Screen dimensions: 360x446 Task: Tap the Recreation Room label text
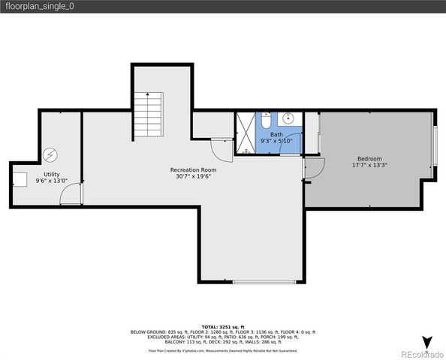click(193, 170)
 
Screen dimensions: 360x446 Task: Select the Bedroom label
click(369, 158)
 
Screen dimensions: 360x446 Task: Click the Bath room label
click(277, 134)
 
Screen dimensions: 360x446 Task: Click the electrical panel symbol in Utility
click(50, 154)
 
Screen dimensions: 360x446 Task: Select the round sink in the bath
click(287, 118)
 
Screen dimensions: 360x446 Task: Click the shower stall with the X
click(245, 133)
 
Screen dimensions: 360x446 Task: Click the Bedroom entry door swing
click(313, 169)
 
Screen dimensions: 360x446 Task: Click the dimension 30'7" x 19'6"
click(193, 178)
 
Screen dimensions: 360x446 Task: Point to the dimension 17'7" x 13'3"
click(369, 166)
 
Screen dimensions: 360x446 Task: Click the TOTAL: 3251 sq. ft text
click(223, 327)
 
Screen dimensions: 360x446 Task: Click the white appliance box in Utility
click(20, 178)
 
